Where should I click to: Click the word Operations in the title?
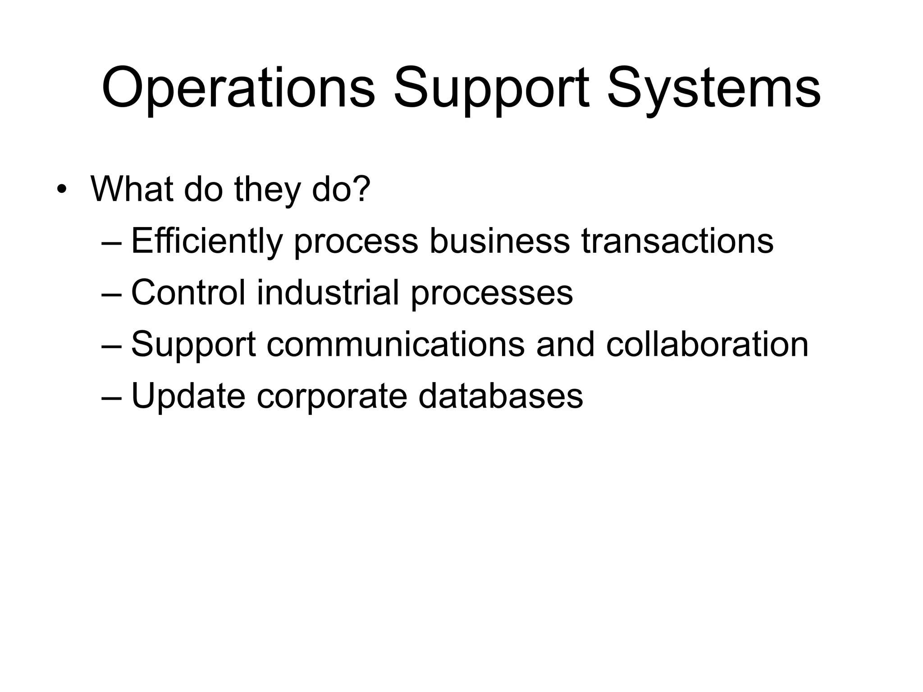tap(238, 88)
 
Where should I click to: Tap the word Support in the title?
tap(491, 88)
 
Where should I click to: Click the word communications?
tap(396, 345)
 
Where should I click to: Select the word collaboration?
tap(707, 345)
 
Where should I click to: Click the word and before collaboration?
tap(565, 345)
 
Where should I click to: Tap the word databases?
tap(500, 396)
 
